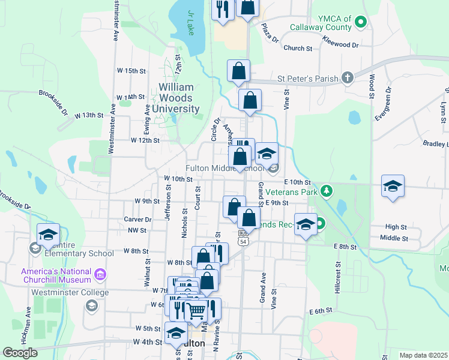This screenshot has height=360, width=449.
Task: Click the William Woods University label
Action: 175,98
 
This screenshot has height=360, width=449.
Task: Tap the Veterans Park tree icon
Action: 326,191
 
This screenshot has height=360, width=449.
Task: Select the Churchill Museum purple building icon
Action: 100,275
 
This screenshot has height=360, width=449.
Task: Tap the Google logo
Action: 20,353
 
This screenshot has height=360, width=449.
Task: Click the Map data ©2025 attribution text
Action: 423,355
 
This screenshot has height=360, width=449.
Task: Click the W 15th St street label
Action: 131,71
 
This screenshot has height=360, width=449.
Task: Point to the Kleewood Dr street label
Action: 340,44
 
